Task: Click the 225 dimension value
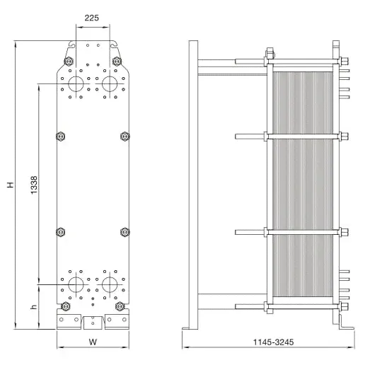point(92,18)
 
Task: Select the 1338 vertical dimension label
point(34,185)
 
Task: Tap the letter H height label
point(11,185)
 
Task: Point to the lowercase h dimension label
point(34,307)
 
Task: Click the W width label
point(93,342)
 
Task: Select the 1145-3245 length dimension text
point(274,342)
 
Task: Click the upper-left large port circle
point(76,83)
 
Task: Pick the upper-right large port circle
point(110,83)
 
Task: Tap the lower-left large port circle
point(76,284)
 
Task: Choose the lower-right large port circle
point(110,284)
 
